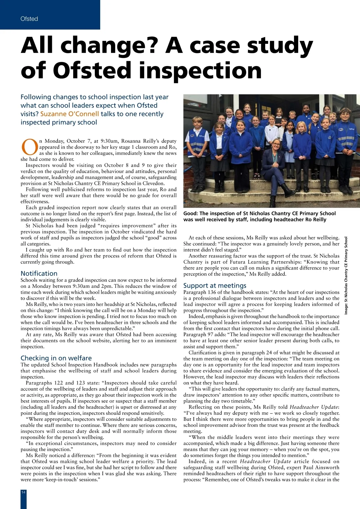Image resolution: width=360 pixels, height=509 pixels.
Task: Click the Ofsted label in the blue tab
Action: coord(29,19)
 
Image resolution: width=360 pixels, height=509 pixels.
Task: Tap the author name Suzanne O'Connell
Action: coord(70,114)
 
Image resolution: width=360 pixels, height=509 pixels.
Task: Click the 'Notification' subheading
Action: coord(39,273)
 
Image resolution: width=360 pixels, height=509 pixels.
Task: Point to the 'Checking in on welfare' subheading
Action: coord(56,358)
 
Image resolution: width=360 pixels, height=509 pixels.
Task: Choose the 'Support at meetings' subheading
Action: coord(215,285)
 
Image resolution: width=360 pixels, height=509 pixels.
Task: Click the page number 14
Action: coord(23,492)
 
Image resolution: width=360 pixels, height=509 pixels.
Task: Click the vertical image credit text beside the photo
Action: coord(346,275)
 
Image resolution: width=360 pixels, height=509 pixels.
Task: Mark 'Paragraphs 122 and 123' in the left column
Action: coord(49,383)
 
